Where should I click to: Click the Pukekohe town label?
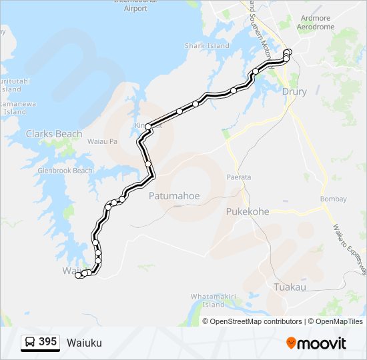coord(246,211)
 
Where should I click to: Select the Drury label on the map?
coord(294,91)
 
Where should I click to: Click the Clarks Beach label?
coord(54,134)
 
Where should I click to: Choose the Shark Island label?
coord(206,46)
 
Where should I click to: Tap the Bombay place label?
coord(334,199)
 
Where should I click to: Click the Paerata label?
coord(239,177)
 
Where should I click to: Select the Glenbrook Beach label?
coord(65,171)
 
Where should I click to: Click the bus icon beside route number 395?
coord(31,342)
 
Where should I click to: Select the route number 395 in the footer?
coord(48,342)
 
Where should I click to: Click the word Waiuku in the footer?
coord(84,343)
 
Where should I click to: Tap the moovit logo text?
coord(322,343)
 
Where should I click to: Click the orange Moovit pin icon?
coord(291,343)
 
